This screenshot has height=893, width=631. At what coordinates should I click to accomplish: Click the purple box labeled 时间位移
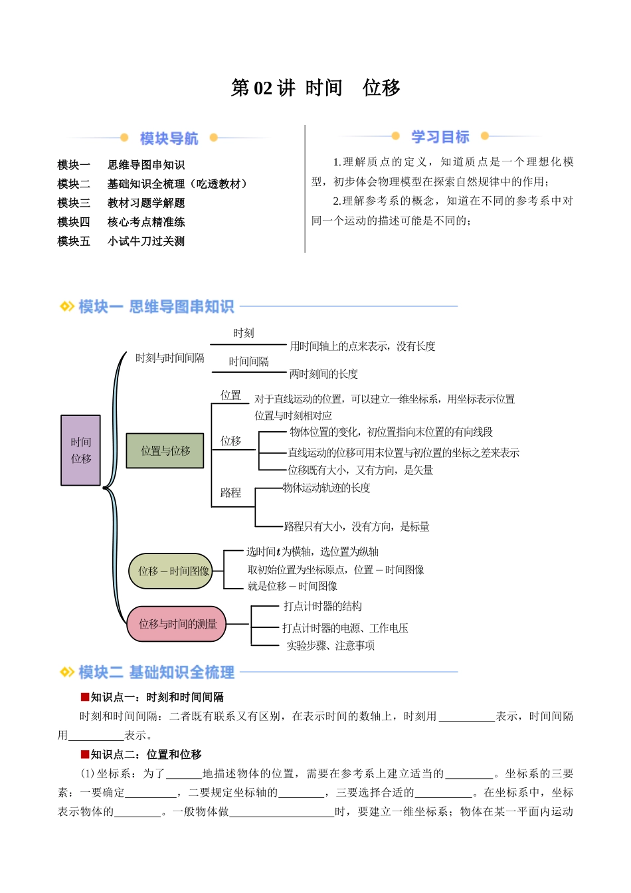click(80, 450)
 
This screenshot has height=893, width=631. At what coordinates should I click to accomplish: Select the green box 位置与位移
click(165, 450)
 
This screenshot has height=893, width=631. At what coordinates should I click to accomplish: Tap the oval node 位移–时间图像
click(171, 571)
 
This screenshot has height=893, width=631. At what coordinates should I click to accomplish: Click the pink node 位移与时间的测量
click(177, 624)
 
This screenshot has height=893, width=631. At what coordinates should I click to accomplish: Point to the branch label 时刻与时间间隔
click(170, 358)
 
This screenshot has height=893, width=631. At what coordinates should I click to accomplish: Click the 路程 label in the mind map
click(230, 492)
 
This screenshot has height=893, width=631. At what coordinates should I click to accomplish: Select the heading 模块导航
click(169, 138)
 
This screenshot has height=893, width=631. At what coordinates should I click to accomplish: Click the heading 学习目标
click(440, 137)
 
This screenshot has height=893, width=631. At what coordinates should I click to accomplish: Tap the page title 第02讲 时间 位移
click(315, 88)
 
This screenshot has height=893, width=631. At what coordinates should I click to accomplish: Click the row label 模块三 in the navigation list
click(74, 203)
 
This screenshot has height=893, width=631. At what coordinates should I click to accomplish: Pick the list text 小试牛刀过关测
click(146, 241)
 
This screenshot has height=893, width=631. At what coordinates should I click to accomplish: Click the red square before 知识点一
click(85, 697)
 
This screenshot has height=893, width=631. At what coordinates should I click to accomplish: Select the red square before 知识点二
click(85, 754)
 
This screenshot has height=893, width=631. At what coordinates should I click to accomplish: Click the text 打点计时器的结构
click(323, 606)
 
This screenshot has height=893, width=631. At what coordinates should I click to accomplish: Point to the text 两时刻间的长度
click(323, 374)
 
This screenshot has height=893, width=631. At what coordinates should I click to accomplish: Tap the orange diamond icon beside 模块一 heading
click(67, 306)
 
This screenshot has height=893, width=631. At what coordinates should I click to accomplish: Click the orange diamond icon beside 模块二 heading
click(67, 672)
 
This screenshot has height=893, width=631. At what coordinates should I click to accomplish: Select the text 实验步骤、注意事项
click(331, 645)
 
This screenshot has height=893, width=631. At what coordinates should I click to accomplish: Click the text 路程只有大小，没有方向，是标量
click(357, 527)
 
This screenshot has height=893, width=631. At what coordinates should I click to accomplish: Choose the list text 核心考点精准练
click(146, 222)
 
